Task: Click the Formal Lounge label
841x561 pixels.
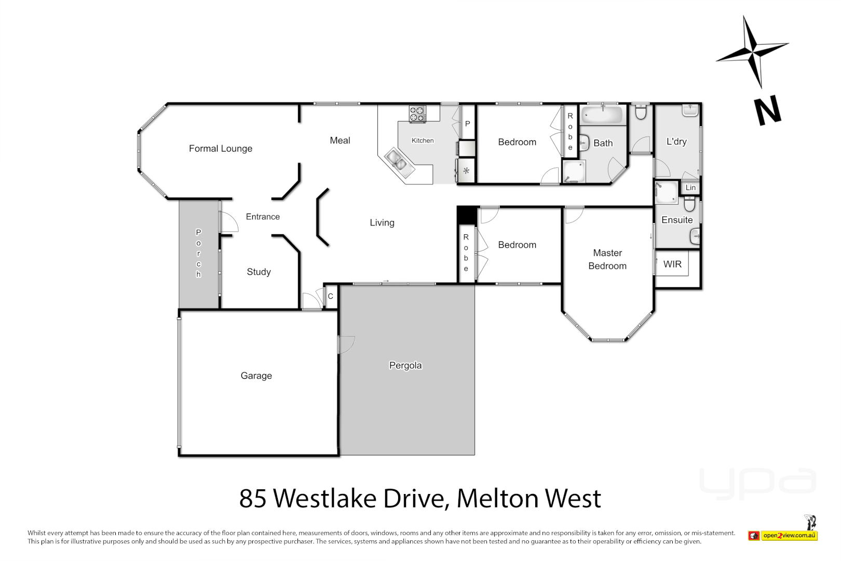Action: point(221,149)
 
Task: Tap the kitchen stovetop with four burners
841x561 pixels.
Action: point(417,114)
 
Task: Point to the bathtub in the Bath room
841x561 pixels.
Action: point(602,115)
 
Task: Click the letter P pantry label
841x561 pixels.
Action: point(468,124)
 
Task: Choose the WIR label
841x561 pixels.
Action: point(672,264)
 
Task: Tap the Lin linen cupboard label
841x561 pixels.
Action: point(690,188)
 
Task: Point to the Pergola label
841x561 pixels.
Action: point(405,366)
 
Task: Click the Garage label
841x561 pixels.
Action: point(256,376)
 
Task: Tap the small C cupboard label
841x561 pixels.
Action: point(331,297)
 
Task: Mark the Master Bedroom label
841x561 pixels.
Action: point(607,259)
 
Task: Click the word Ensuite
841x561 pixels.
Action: point(677,220)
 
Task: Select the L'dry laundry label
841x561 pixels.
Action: point(676,141)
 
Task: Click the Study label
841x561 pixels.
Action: point(259,272)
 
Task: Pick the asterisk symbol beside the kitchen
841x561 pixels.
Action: point(466,171)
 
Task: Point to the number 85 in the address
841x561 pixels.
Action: point(253,499)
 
